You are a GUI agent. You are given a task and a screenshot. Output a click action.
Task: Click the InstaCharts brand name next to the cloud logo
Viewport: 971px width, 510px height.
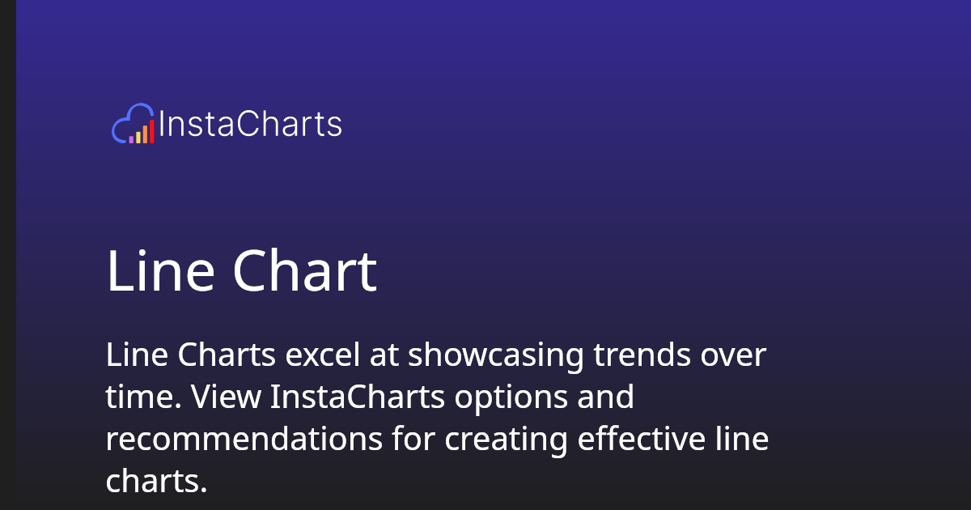pos(250,125)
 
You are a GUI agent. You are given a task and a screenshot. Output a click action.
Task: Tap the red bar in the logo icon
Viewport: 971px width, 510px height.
pos(151,131)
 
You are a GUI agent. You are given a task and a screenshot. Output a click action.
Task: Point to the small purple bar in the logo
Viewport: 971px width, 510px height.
pos(131,139)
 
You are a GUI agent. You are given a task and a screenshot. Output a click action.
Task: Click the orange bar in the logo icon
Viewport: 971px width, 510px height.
pos(145,134)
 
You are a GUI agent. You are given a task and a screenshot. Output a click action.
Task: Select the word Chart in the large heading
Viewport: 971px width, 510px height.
pos(305,272)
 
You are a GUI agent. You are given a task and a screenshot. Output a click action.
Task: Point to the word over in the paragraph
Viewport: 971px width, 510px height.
pos(732,355)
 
